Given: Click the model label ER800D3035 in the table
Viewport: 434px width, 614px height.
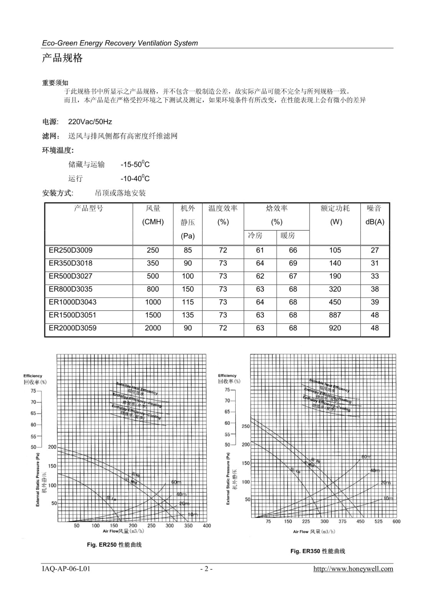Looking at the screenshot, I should pos(71,289).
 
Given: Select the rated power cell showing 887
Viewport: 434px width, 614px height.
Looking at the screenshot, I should pos(335,315).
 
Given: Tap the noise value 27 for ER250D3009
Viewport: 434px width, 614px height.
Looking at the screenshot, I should pos(375,250).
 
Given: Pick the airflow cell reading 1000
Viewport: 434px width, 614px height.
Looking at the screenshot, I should pos(153,302).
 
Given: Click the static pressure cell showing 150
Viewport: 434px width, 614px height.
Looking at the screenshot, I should pos(188,289).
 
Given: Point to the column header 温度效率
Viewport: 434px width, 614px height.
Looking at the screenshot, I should pos(223,208).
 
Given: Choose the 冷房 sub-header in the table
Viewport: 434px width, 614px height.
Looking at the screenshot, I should pos(255,235).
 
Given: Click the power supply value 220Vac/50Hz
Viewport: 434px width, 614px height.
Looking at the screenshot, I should pos(90,122).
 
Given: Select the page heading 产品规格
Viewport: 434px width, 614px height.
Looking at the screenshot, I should pos(62,58).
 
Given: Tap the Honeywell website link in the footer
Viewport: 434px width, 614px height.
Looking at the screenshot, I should pos(353,569).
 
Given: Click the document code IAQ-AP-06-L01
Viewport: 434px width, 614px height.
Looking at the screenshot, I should pos(66,569).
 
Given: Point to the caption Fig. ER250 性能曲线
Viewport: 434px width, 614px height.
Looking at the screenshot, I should pos(114,545).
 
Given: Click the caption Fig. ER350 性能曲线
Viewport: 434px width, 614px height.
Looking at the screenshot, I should pos(318,551).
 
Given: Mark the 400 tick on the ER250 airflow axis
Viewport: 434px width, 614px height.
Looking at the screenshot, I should pos(206,526).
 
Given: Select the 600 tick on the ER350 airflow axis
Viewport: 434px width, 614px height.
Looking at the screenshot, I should pos(396,521).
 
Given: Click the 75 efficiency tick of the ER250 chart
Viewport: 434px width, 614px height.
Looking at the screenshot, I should pos(33,391).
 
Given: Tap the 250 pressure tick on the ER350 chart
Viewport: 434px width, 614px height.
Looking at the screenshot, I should pos(246,426).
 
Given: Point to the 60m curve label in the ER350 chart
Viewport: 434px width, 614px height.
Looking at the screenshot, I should pos(366,457).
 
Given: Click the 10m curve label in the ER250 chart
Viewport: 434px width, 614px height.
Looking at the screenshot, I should pos(193,514).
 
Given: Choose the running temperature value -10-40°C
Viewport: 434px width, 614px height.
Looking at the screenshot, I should pos(135,178).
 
